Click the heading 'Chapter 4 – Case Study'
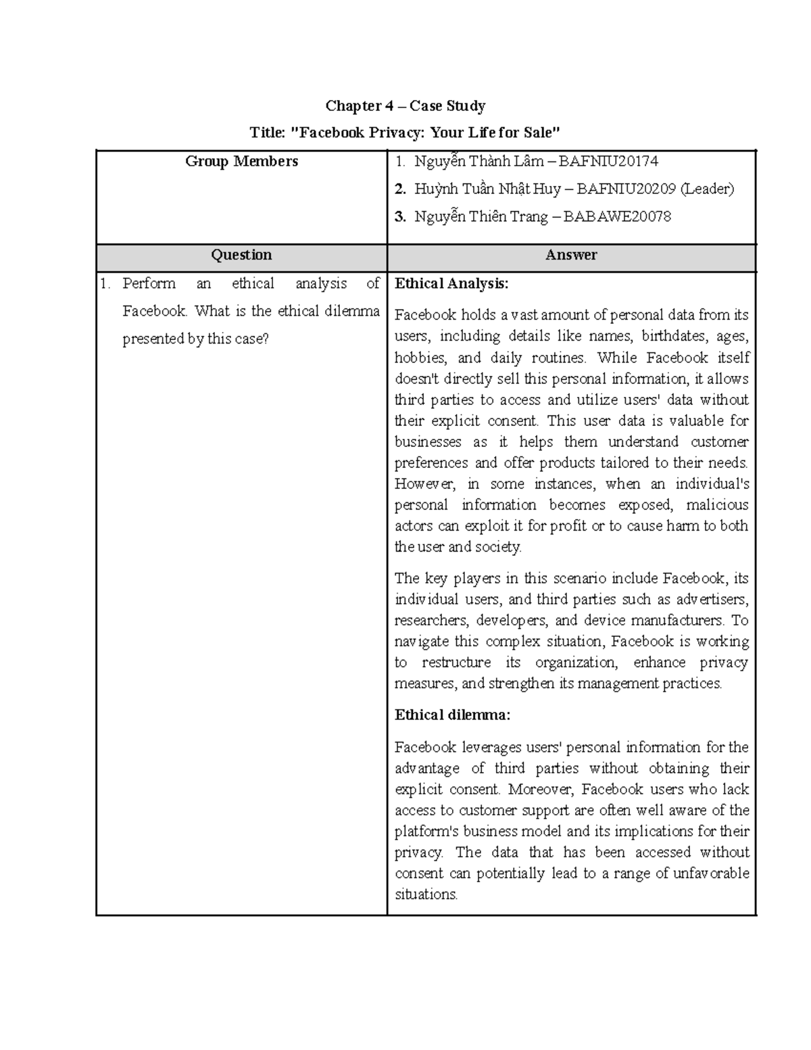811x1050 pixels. pos(405,105)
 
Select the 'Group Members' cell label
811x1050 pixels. pos(241,161)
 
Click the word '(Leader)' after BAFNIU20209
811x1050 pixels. pos(707,189)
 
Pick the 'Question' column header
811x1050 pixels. pos(241,255)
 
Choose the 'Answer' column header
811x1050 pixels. pos(571,255)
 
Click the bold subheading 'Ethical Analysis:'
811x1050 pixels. pos(451,283)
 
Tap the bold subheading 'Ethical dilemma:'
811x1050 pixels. pos(452,715)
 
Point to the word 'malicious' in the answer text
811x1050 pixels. pos(717,505)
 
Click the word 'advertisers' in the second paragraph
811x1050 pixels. pos(712,599)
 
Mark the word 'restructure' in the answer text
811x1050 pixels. pos(456,663)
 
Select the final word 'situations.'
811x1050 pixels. pos(426,894)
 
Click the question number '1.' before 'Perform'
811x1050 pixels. pos(105,284)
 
